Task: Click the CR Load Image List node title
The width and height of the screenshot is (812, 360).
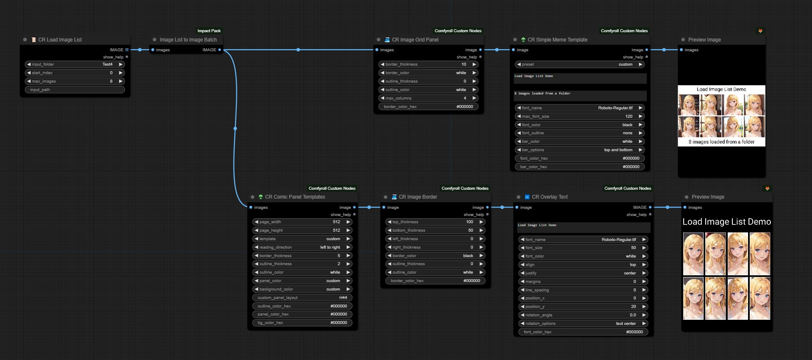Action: [60, 40]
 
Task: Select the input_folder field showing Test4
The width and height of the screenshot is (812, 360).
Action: [75, 64]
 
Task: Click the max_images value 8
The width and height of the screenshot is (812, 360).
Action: [111, 81]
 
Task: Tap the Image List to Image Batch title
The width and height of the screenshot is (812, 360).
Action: [188, 40]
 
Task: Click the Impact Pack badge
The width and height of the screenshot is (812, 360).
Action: [209, 30]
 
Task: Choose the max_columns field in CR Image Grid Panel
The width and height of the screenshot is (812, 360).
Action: [428, 98]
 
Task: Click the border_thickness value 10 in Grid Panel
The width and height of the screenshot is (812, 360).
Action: [463, 64]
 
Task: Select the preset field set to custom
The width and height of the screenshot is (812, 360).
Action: [579, 64]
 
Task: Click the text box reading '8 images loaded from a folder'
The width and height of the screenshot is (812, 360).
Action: [579, 95]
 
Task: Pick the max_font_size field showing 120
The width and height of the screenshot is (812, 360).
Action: [579, 116]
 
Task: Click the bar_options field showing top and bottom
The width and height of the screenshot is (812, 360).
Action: [579, 150]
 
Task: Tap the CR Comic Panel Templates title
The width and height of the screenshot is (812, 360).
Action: [295, 197]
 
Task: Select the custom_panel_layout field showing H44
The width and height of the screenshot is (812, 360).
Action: [302, 298]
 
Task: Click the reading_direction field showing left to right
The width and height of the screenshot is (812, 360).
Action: [302, 247]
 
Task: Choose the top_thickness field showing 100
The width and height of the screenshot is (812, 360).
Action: [435, 222]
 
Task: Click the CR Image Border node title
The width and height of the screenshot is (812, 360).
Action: [418, 197]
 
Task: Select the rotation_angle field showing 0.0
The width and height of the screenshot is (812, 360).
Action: [583, 315]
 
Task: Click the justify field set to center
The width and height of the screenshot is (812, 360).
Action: [583, 273]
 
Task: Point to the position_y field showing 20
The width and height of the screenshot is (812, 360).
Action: [583, 307]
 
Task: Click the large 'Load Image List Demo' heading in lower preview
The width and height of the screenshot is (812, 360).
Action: [726, 222]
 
